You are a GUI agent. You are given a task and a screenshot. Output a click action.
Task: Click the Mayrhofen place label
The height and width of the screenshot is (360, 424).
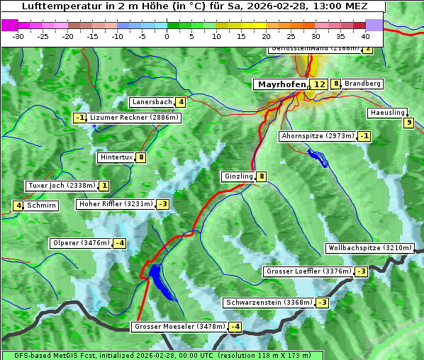pyautogui.click(x=281, y=84)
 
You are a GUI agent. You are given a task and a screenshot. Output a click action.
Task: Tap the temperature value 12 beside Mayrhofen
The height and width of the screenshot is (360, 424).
pyautogui.click(x=319, y=84)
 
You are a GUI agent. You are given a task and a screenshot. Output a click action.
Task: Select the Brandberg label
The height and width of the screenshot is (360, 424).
pyautogui.click(x=363, y=84)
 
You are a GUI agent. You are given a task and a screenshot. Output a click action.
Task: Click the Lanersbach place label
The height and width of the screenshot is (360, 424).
pyautogui.click(x=152, y=102)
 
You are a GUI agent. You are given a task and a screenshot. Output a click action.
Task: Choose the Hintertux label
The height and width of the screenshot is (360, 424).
pyautogui.click(x=116, y=157)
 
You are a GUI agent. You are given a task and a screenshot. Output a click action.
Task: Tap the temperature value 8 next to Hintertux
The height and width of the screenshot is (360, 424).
pyautogui.click(x=141, y=157)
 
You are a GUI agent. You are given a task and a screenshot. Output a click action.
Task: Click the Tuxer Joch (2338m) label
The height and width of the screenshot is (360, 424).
pyautogui.click(x=61, y=186)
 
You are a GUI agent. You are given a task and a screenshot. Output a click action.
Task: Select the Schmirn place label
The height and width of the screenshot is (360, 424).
pyautogui.click(x=42, y=206)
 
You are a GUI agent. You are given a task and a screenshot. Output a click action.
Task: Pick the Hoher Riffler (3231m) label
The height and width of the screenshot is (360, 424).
pyautogui.click(x=114, y=204)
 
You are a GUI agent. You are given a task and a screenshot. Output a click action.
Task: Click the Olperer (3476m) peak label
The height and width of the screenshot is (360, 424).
pyautogui.click(x=81, y=243)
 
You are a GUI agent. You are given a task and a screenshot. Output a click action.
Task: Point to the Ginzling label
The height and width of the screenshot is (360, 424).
pyautogui.click(x=238, y=176)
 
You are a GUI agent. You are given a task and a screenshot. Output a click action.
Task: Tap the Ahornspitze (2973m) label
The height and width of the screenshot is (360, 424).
pyautogui.click(x=317, y=135)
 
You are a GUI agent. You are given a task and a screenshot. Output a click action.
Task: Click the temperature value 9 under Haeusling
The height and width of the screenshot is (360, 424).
pyautogui.click(x=408, y=123)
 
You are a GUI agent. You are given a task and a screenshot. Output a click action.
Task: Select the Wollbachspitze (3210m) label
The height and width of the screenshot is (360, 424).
pyautogui.click(x=369, y=248)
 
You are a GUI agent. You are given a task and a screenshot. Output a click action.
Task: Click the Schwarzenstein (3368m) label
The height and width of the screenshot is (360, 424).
pyautogui.click(x=268, y=303)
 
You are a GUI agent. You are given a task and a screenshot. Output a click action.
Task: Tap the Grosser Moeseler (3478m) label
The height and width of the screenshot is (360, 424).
pyautogui.click(x=179, y=327)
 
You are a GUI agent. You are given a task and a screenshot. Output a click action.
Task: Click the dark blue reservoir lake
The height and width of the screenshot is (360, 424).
pyautogui.click(x=160, y=279)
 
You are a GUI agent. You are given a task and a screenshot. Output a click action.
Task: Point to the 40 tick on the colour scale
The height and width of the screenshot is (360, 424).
pyautogui.click(x=365, y=35)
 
